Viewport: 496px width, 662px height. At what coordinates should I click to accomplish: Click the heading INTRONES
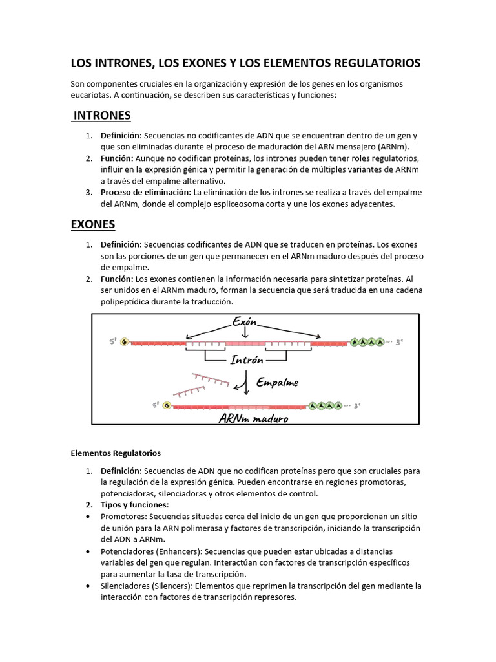tap(102, 116)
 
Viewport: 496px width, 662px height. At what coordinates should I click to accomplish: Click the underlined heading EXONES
tap(92, 224)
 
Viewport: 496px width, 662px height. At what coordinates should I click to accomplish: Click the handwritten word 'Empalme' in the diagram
tap(278, 382)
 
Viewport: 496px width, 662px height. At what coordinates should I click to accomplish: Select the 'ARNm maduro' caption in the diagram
tap(253, 419)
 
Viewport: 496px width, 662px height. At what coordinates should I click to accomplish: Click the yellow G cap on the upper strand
tap(123, 342)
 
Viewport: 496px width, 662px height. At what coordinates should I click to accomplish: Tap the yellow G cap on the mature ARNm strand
tap(167, 405)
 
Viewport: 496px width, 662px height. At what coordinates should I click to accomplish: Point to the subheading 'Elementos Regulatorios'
tap(116, 453)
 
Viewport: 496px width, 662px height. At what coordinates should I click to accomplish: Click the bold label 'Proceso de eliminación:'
tap(145, 192)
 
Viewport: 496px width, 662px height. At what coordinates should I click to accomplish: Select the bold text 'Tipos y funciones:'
tap(134, 504)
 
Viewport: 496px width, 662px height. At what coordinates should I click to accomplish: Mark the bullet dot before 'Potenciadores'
tap(87, 551)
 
